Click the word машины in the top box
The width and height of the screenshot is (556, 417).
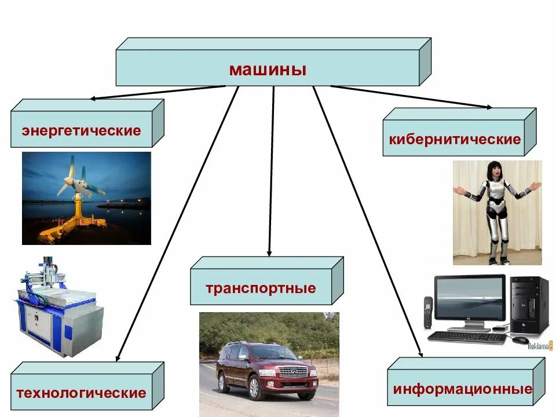(267, 70)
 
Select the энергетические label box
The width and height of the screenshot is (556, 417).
(81, 130)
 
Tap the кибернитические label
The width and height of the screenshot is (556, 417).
(454, 140)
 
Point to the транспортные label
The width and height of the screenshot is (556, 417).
(260, 288)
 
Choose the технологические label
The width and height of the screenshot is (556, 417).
(81, 393)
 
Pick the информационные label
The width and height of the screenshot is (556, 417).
(462, 388)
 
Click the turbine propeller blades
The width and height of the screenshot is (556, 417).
(72, 176)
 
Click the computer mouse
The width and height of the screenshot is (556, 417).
(520, 340)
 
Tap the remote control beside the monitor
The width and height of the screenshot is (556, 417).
(428, 312)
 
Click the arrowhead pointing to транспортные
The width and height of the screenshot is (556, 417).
(269, 253)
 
